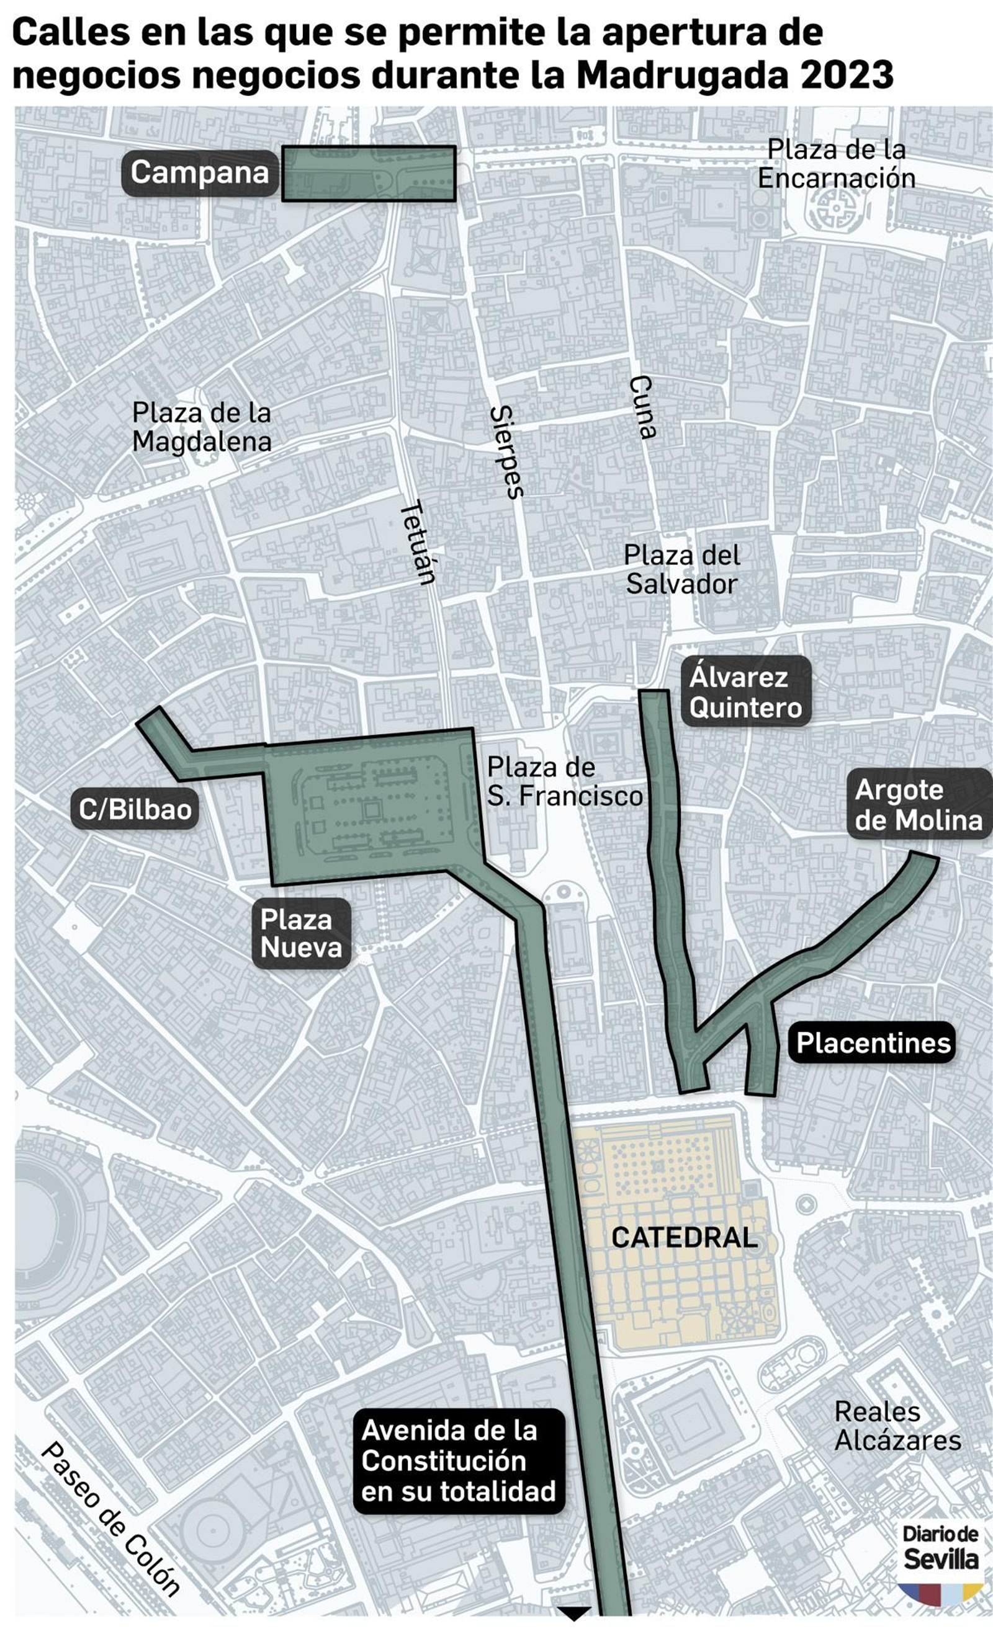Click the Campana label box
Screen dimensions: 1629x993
click(x=199, y=173)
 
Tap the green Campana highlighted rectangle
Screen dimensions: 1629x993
click(x=369, y=173)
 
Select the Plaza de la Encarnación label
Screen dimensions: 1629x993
click(x=836, y=164)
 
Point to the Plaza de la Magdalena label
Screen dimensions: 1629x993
click(x=202, y=427)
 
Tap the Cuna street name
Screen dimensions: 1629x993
click(x=642, y=407)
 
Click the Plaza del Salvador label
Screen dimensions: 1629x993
click(x=681, y=569)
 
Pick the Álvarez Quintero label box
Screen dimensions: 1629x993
click(x=745, y=691)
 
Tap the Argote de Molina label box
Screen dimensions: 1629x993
click(x=919, y=805)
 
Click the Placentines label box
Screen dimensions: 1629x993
click(x=872, y=1042)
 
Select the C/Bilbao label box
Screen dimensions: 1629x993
click(x=135, y=809)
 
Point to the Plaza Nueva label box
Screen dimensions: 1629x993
click(x=301, y=933)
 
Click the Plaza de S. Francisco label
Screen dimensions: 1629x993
click(x=564, y=781)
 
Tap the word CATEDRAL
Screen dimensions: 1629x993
click(x=684, y=1238)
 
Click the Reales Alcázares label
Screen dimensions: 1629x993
click(x=897, y=1427)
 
